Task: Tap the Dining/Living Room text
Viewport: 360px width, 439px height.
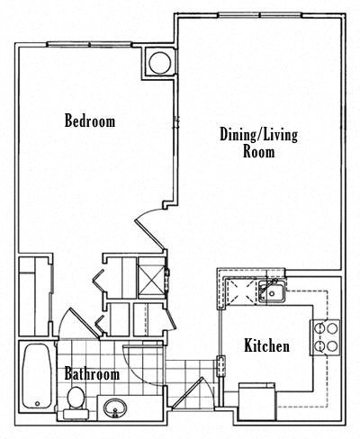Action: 259,143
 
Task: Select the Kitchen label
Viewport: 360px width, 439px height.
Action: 266,345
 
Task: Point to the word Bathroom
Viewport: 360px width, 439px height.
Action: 92,373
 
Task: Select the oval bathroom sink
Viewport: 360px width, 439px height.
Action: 114,408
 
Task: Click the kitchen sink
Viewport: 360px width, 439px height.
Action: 269,291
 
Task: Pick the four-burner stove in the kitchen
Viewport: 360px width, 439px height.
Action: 324,336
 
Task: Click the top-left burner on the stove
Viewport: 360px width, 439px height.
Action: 318,329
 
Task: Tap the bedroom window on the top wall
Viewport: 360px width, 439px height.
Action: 90,43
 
